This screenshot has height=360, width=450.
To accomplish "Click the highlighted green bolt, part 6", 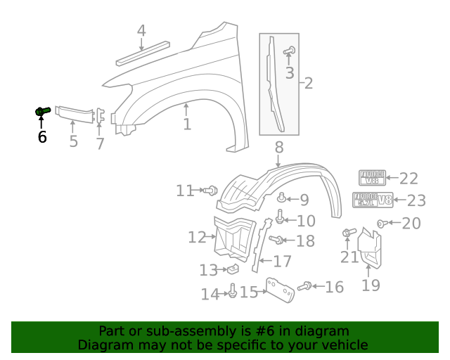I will click(41, 111).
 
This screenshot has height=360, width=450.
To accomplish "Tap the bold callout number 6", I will click(42, 137).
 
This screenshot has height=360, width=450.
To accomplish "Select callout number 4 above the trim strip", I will click(141, 31).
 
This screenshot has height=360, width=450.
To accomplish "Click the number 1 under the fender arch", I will click(187, 125).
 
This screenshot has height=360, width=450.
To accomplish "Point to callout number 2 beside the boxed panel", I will click(308, 84).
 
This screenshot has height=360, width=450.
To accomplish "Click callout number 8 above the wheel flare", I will click(279, 147).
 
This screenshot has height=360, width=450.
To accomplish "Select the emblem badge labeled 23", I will click(372, 200).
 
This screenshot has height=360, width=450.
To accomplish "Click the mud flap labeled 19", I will click(371, 250).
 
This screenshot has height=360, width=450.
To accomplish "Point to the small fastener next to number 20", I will click(382, 224).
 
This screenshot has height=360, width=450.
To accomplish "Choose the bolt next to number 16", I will click(305, 286).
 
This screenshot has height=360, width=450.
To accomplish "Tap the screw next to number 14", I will click(231, 291).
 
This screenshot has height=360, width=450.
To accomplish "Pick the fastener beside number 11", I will click(211, 190).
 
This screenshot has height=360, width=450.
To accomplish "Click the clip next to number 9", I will click(281, 199).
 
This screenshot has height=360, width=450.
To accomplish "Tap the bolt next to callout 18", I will click(276, 240).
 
